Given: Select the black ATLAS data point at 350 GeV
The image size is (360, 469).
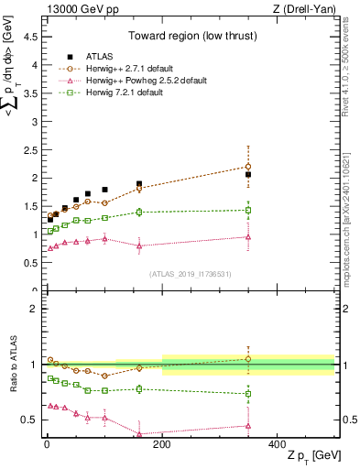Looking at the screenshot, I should pos(248,174).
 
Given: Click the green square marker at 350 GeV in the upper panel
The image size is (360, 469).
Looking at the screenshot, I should pos(248,210).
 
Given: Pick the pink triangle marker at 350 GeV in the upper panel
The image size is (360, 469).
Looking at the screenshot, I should pos(248,236).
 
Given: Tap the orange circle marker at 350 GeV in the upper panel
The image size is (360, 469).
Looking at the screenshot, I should pos(248,167).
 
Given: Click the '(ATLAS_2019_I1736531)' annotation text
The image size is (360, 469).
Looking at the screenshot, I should pos(190,274).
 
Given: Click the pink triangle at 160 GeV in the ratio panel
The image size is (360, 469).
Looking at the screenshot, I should pos(139,433).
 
